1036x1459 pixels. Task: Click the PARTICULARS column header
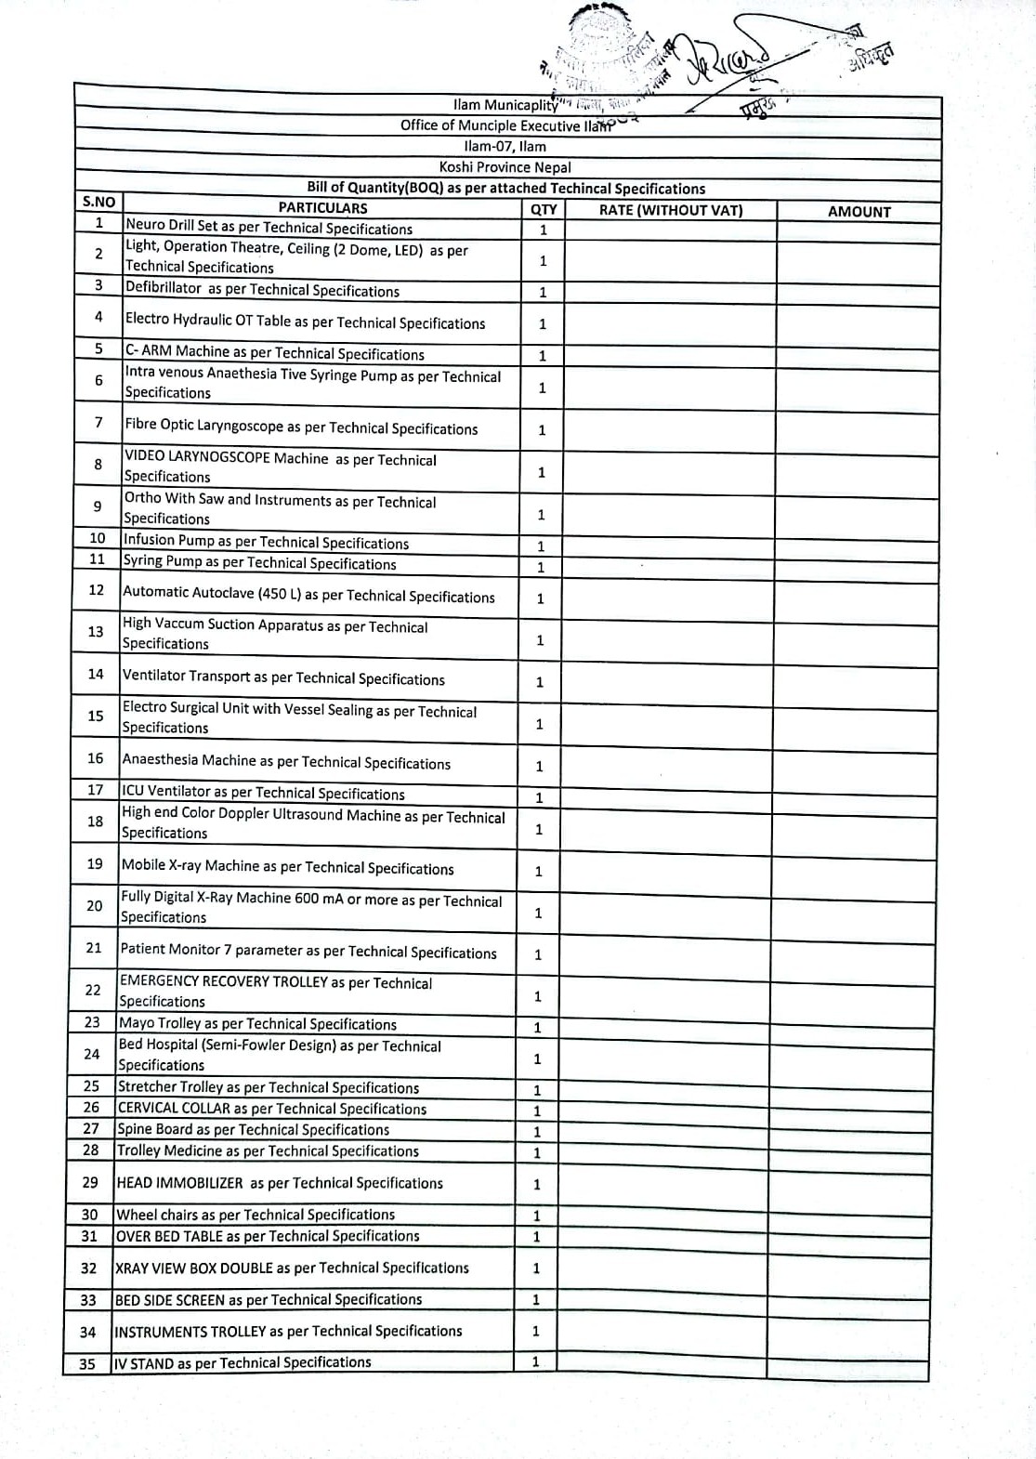[322, 208]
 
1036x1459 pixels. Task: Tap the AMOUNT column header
[859, 211]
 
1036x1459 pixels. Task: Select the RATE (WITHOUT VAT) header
[670, 210]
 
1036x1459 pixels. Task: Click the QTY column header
[544, 210]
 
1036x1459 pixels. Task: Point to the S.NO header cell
[98, 202]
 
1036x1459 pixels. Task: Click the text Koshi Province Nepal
[505, 167]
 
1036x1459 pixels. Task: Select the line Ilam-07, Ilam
[505, 146]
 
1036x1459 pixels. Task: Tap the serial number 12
[96, 590]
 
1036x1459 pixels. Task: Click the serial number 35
[87, 1364]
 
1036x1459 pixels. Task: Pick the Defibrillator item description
[262, 290]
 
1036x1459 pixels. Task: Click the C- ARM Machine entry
[274, 353]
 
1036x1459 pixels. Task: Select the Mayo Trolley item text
[257, 1024]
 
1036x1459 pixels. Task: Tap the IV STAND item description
[243, 1363]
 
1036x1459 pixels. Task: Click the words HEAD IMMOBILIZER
[180, 1183]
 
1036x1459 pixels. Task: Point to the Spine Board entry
[253, 1130]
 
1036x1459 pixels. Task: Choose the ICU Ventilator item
[263, 793]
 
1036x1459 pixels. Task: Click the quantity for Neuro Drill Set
[544, 230]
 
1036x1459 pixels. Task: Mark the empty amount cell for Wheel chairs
[847, 1215]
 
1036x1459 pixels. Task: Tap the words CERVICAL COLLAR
[174, 1109]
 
